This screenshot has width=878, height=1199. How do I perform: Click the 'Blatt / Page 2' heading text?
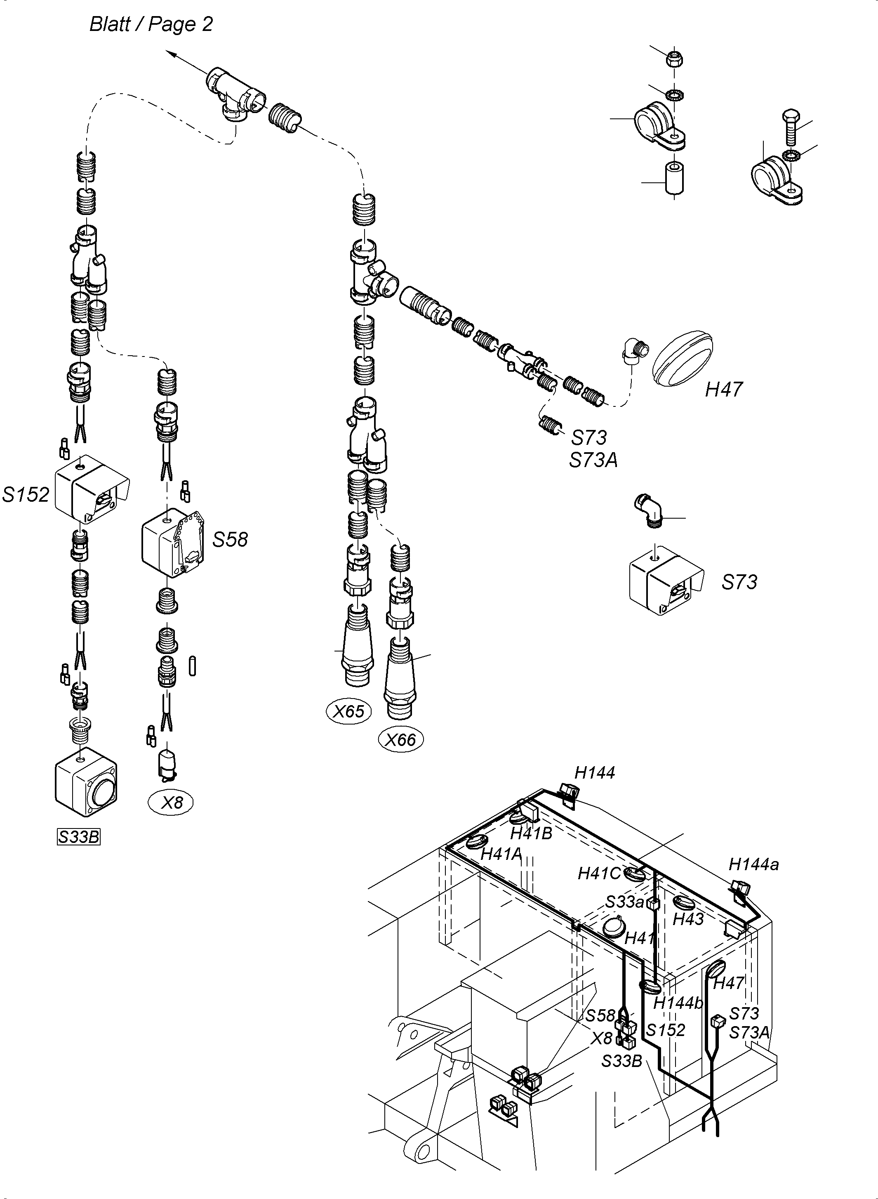(151, 24)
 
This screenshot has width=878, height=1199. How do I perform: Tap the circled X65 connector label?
(348, 711)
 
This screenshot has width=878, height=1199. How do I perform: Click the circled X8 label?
(171, 802)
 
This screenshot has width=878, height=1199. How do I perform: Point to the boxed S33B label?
(79, 837)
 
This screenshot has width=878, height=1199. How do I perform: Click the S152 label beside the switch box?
(26, 495)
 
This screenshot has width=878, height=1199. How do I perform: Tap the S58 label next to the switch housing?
(230, 540)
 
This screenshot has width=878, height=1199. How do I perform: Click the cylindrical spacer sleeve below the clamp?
(674, 179)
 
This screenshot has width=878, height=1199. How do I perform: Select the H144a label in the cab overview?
(753, 864)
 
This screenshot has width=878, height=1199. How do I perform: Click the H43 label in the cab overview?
(688, 919)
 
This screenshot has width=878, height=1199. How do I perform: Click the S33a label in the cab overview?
(624, 902)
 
